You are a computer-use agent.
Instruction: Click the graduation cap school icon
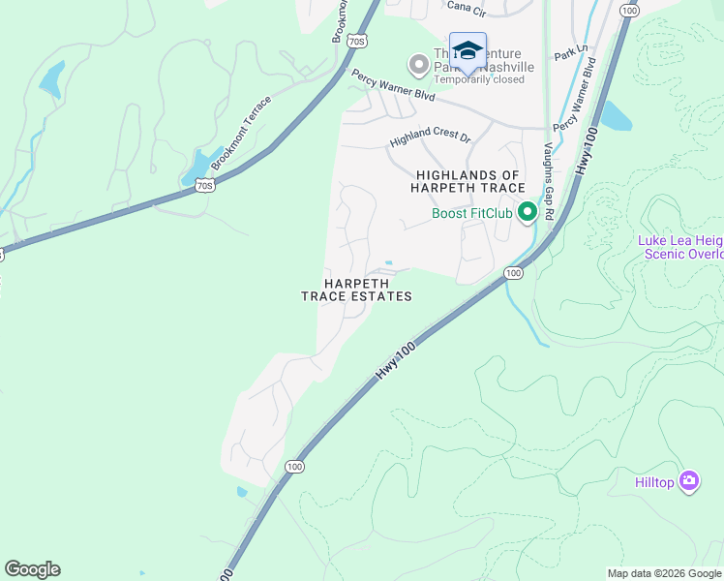coord(468,51)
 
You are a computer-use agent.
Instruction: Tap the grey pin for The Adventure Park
coord(419,65)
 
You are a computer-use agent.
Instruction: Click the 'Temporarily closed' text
coord(479,79)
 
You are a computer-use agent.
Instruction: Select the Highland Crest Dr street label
coord(430,139)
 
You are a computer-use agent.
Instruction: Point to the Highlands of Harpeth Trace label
coord(469,181)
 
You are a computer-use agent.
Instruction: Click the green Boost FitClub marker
coord(528,212)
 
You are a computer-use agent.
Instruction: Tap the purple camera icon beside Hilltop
coord(689,480)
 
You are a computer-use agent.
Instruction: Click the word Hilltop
coord(655,481)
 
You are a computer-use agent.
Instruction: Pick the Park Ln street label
coord(571,54)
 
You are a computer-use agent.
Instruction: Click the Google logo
coord(32,569)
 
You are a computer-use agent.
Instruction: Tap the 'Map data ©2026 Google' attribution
coord(664,573)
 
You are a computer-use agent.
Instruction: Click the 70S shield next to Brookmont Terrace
coord(203,184)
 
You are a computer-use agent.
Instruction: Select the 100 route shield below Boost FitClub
coord(514,274)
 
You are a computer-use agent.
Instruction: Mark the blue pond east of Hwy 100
coord(615,116)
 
